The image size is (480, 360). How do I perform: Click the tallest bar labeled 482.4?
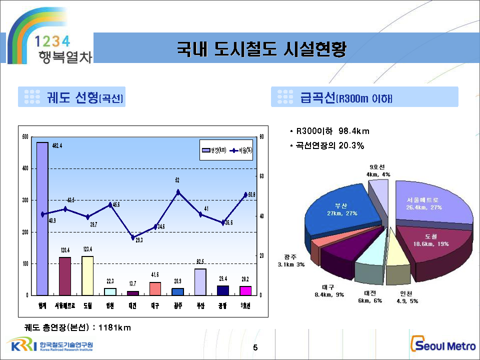pos(42,218)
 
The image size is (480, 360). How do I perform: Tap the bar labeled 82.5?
pos(200,282)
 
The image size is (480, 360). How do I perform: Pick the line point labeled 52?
pos(177,191)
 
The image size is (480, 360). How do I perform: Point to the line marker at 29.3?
pos(132,237)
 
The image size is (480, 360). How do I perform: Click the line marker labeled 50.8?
pos(245,194)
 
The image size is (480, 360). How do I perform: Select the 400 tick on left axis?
pos(25,168)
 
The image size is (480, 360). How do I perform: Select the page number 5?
pos(255,347)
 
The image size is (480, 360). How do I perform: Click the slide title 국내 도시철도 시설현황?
pos(261,48)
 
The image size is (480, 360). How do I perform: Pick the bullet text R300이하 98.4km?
pos(332,131)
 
